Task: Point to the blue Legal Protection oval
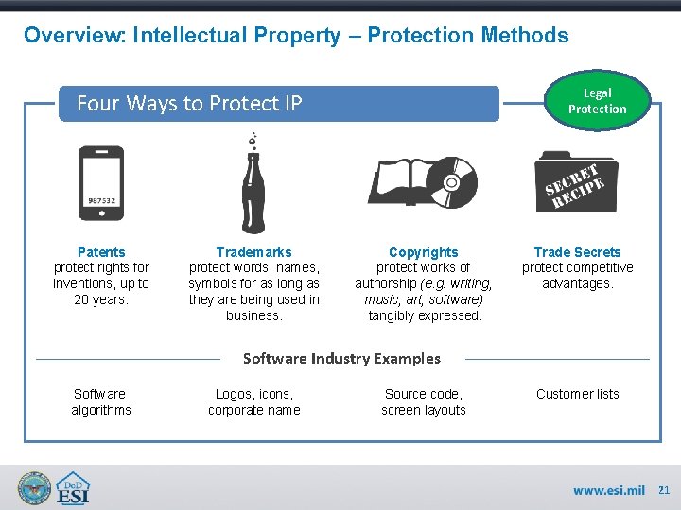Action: click(597, 101)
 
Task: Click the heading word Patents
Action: click(101, 252)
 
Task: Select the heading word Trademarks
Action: click(253, 252)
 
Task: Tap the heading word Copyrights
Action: click(423, 252)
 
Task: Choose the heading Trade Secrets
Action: click(577, 252)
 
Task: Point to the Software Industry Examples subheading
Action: click(341, 358)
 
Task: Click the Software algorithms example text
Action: click(101, 401)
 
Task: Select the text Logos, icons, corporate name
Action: click(253, 401)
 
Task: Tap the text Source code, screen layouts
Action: click(424, 401)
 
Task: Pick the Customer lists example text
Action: click(577, 394)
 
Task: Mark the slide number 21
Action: click(663, 490)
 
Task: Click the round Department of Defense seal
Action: click(35, 488)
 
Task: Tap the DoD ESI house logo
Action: click(74, 488)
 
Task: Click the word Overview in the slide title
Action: click(75, 36)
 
